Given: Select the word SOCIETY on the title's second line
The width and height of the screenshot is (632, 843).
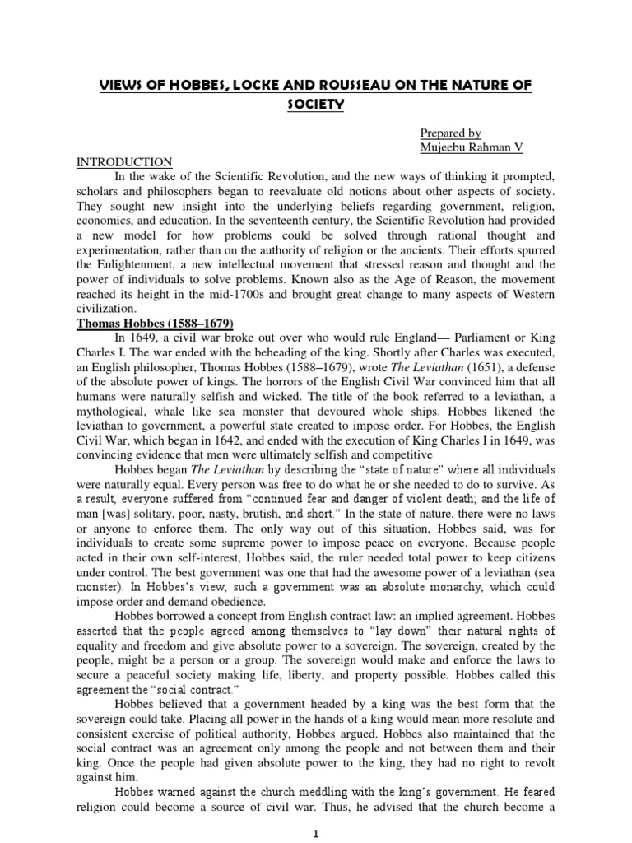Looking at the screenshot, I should click(x=315, y=105).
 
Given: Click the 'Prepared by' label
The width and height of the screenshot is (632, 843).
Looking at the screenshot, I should click(x=450, y=133).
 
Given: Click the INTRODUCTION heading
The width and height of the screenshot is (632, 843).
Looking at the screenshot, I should click(x=123, y=162).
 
